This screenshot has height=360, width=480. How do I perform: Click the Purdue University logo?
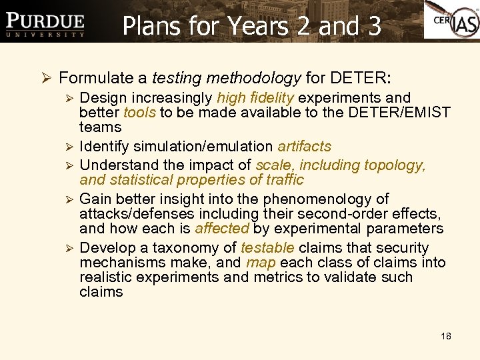tap(45, 24)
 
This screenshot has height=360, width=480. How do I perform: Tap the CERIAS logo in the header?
tap(451, 21)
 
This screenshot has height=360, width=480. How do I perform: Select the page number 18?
tap(446, 336)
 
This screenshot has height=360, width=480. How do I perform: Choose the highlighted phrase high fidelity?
tap(255, 97)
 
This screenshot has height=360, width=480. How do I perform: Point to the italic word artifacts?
tap(304, 146)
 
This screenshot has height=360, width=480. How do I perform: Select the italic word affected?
tap(221, 229)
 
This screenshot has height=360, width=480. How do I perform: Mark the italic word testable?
tap(267, 247)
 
